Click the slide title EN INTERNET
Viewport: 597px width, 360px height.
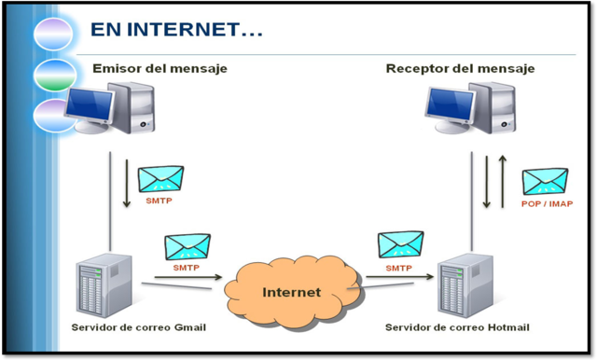pyautogui.click(x=175, y=30)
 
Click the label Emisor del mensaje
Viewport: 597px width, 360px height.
pyautogui.click(x=160, y=68)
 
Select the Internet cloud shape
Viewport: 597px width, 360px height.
pyautogui.click(x=290, y=291)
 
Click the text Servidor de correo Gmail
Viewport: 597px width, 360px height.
pyautogui.click(x=138, y=327)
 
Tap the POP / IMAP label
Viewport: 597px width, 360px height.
pyautogui.click(x=546, y=202)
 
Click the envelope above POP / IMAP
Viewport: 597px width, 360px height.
pyautogui.click(x=545, y=182)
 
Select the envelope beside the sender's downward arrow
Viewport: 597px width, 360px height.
pyautogui.click(x=161, y=179)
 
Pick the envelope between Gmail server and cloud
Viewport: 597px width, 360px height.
pyautogui.click(x=187, y=246)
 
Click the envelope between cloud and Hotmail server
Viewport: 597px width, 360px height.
pyautogui.click(x=399, y=245)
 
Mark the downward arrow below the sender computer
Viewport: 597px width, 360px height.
pyautogui.click(x=128, y=181)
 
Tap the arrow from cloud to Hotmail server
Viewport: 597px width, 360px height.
pyautogui.click(x=400, y=277)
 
